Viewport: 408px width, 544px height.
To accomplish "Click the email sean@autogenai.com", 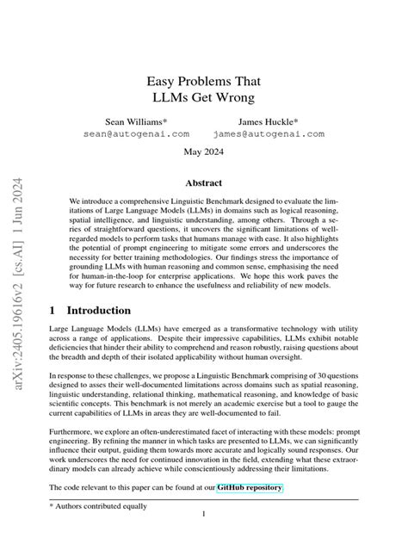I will pos(136,135).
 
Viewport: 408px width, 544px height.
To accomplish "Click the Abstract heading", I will pos(204,183).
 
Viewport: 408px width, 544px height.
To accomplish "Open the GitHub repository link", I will pos(250,488).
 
